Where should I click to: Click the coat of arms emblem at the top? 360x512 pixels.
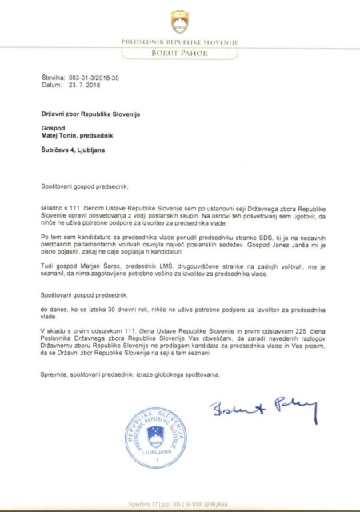(179, 19)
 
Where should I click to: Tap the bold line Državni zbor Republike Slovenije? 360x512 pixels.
(91, 114)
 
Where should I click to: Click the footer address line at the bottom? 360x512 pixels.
(179, 504)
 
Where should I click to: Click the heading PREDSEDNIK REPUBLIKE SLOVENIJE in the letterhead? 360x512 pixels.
(179, 41)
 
